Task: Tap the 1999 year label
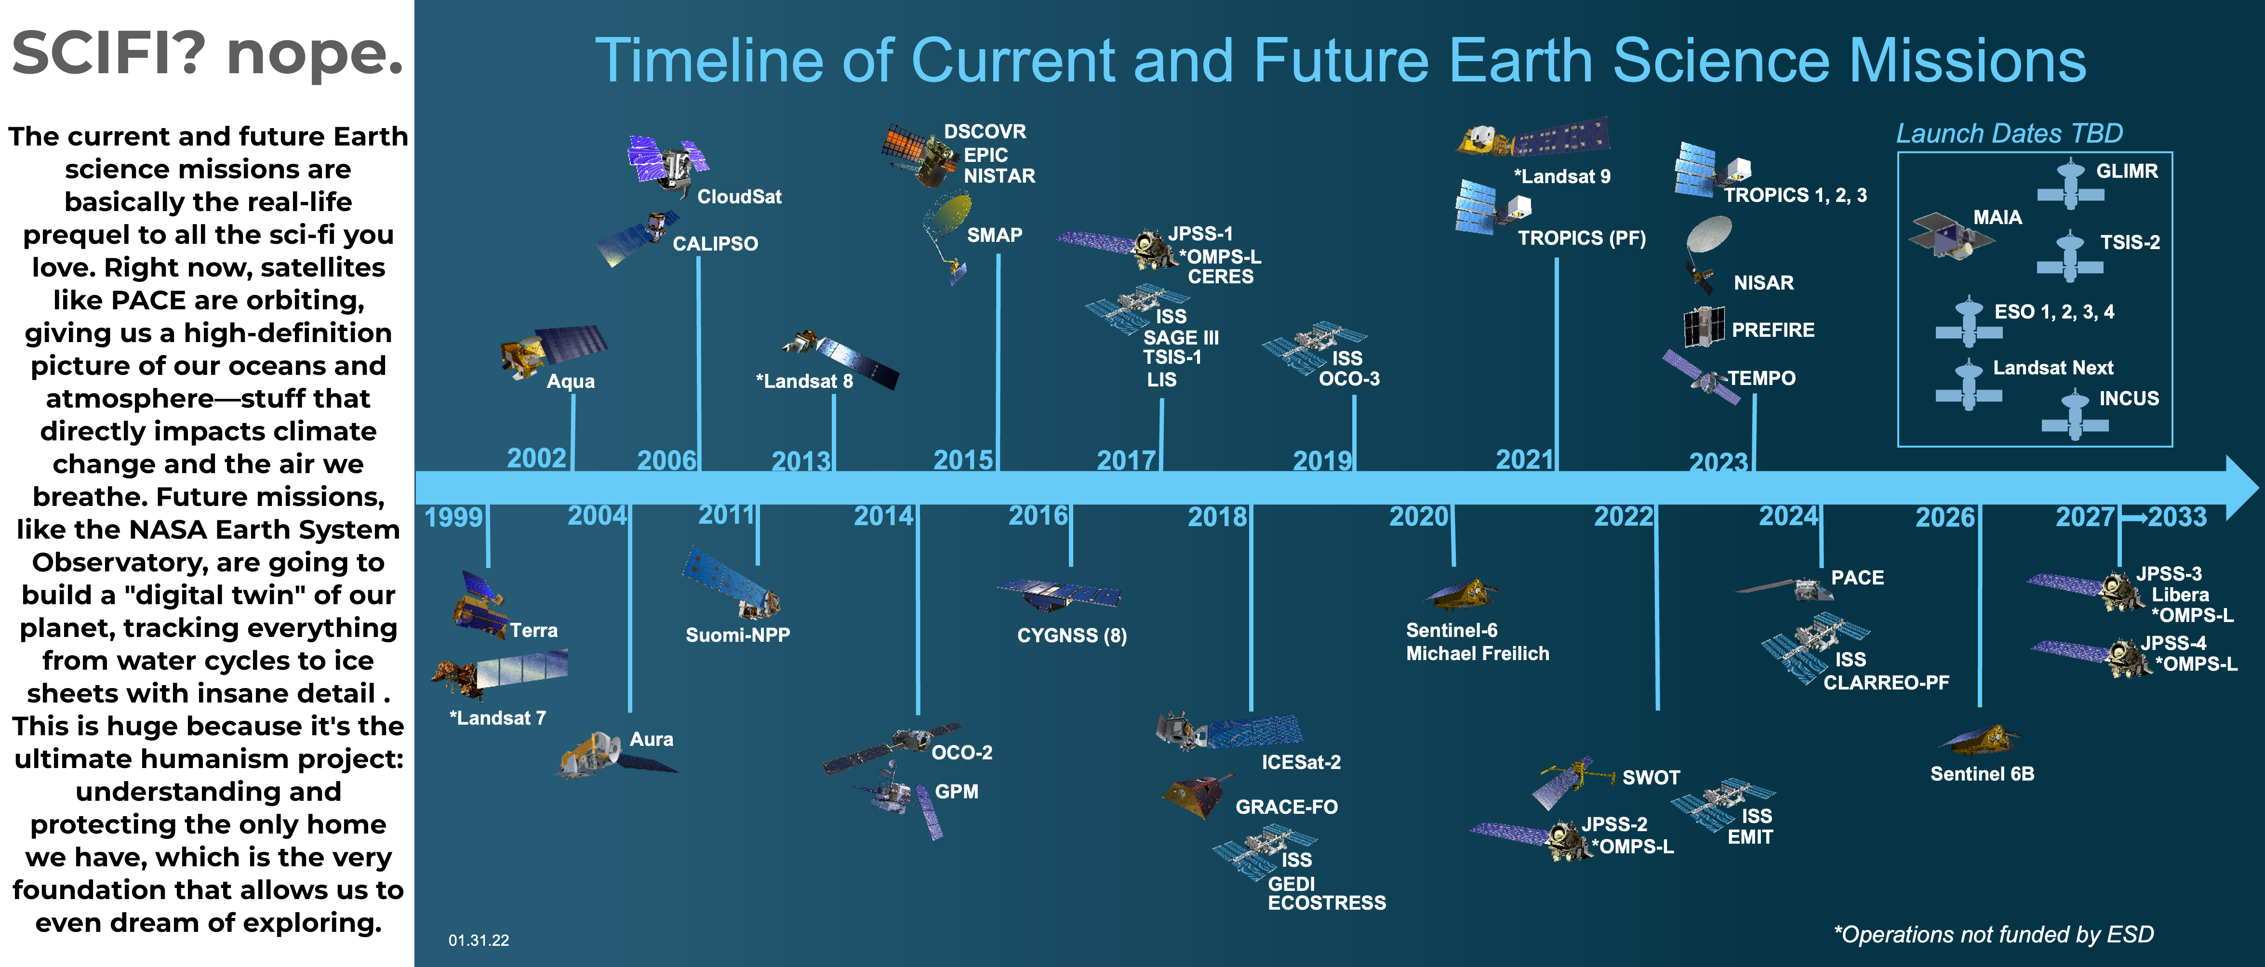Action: (x=453, y=517)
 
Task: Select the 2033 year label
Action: (x=2177, y=517)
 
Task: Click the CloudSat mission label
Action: (x=739, y=197)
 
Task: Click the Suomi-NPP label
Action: (x=738, y=635)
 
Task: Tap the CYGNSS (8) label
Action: (x=1072, y=636)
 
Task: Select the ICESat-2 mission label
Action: (x=1301, y=762)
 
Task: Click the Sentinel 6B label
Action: (x=1982, y=774)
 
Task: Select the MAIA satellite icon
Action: (x=1951, y=236)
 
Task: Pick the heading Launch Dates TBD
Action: (x=2009, y=133)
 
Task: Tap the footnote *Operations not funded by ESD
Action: (x=1993, y=934)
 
